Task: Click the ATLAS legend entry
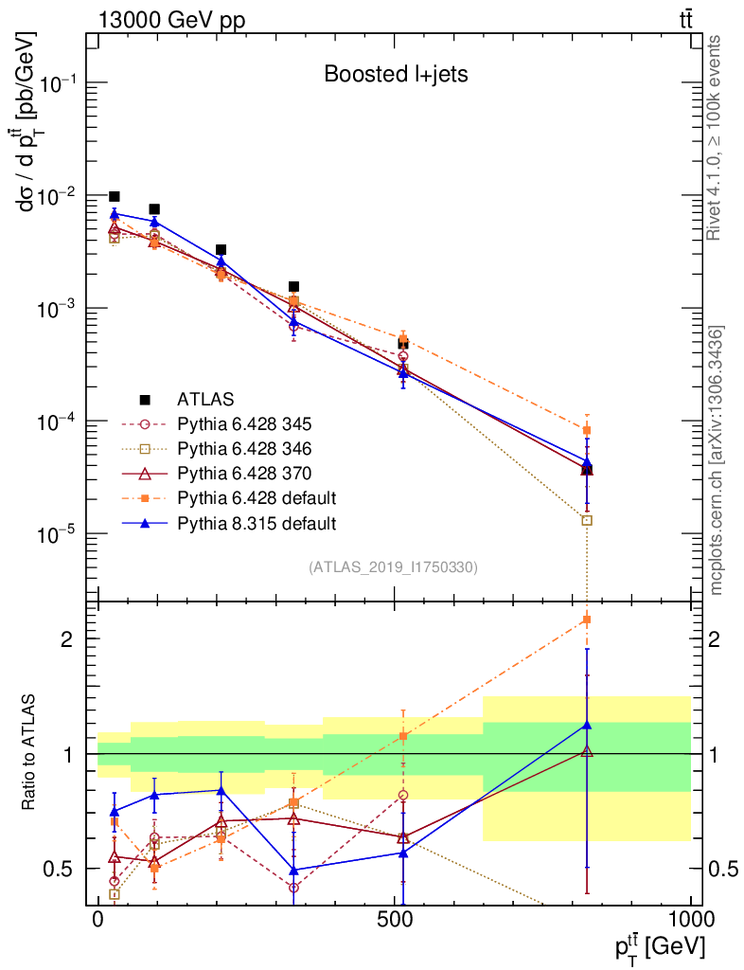click(x=204, y=399)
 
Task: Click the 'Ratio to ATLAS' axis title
click(x=31, y=754)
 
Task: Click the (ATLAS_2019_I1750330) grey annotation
click(x=393, y=567)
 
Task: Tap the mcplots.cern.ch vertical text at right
click(x=717, y=460)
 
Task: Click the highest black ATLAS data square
click(x=115, y=197)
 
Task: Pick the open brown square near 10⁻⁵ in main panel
click(x=587, y=520)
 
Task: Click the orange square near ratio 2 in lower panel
click(x=587, y=620)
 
